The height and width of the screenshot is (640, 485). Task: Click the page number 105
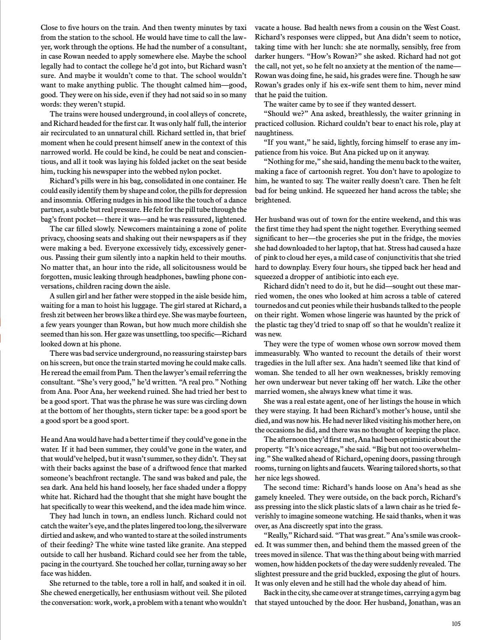tap(456, 624)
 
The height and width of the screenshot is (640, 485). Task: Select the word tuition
tap(312, 95)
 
